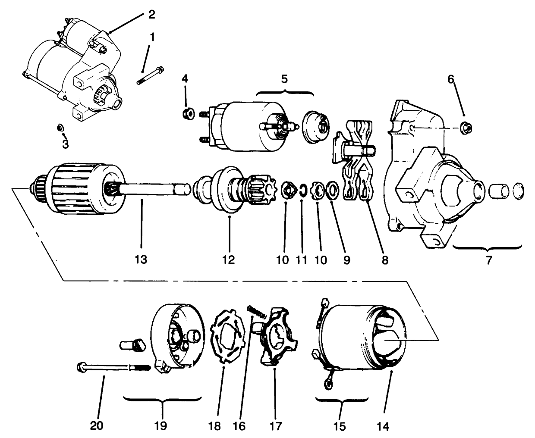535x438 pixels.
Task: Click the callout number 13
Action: click(141, 260)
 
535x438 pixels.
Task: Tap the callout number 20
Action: click(97, 425)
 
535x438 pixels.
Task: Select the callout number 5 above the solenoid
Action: click(284, 80)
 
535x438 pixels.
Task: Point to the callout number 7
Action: click(489, 260)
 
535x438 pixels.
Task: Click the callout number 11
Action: click(301, 260)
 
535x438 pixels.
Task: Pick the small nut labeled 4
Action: click(186, 114)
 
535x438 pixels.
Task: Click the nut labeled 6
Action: click(465, 127)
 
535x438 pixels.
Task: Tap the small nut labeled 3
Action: click(60, 128)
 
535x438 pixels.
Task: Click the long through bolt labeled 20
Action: click(112, 368)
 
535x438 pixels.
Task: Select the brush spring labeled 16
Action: click(254, 311)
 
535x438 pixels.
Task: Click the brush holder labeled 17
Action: click(276, 336)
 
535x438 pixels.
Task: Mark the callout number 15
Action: click(340, 426)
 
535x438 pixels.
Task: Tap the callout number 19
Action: click(162, 425)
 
